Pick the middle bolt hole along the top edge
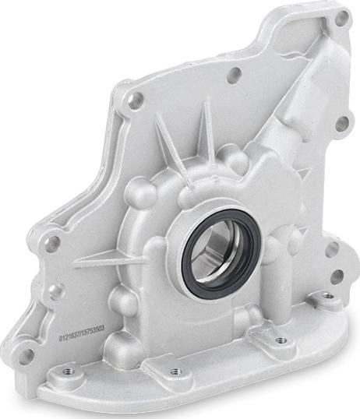233,76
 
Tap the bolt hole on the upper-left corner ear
136,100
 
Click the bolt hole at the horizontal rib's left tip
52,243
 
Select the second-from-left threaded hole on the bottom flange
175,371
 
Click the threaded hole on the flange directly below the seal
280,340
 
